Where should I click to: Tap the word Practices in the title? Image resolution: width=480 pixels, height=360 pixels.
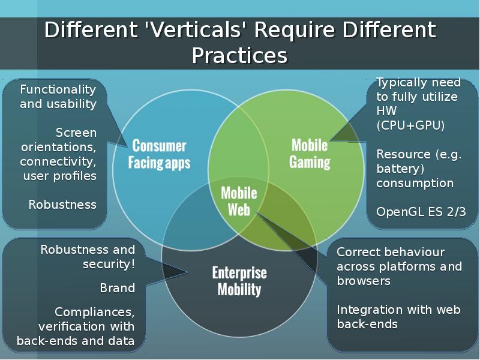pos(239,56)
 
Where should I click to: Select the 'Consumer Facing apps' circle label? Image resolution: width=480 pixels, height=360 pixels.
pos(159,154)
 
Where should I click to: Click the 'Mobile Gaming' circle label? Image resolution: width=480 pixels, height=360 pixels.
pos(310,154)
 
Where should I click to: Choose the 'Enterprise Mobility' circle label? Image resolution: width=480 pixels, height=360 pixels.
pos(239,281)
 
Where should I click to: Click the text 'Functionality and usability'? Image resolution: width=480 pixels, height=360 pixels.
pos(58,97)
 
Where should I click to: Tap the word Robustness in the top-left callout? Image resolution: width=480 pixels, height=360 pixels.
pos(62,205)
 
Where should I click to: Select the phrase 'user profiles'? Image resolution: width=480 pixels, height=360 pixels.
pos(59,176)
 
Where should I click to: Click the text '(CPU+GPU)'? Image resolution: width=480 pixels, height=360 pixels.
pos(410,125)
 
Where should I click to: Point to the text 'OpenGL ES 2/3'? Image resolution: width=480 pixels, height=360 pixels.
pos(421,212)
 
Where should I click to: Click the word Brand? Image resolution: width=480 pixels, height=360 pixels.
pos(117,288)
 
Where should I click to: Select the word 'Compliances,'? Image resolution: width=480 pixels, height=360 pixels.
pos(94,312)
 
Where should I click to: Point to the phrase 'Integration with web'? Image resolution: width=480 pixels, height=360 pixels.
pos(398,310)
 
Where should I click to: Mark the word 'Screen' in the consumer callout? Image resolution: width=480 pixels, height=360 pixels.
pos(76,133)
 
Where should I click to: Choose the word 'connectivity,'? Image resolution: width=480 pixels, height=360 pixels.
pos(58,161)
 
